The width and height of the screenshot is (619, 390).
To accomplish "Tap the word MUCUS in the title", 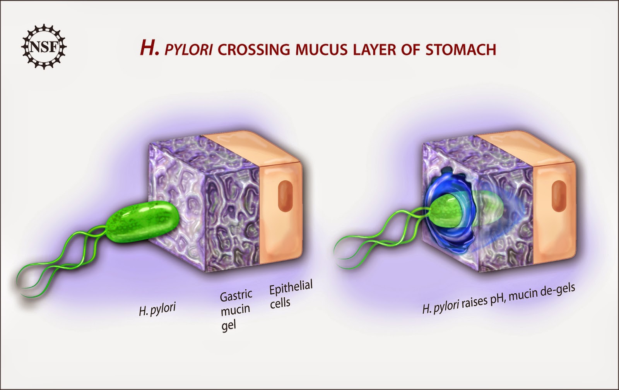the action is [x=326, y=50].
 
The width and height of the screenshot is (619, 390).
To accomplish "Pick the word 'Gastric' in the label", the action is [x=236, y=296].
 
